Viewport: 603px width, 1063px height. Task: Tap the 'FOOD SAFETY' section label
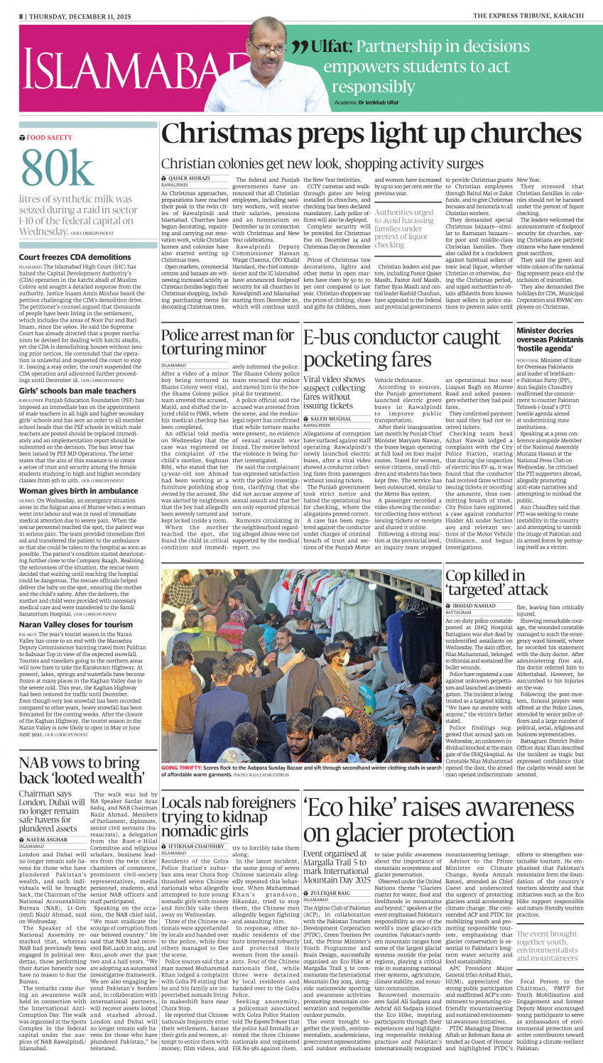click(49, 137)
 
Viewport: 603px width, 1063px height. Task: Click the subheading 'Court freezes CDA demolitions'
click(75, 257)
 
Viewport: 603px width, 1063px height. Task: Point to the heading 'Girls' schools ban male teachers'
click(77, 391)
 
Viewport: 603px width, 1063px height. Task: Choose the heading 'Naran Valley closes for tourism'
click(75, 625)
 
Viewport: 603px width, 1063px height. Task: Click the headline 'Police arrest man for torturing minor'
click(227, 342)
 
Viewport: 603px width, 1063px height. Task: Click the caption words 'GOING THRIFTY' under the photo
click(181, 768)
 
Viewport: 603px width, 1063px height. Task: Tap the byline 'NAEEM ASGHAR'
click(47, 839)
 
